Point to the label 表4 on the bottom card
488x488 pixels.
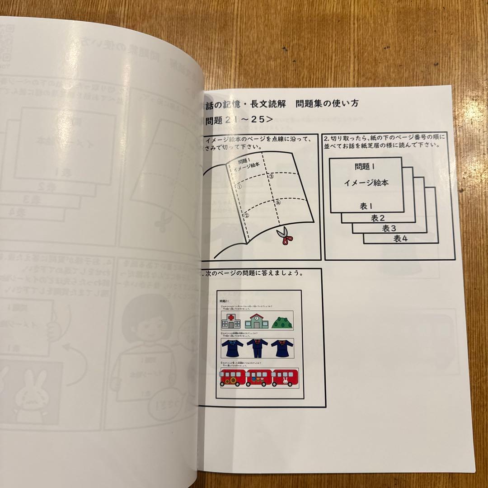click(400, 239)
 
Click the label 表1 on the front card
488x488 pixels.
click(366, 206)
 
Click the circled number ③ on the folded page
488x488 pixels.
click(272, 177)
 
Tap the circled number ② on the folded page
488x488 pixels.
click(246, 216)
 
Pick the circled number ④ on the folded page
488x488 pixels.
click(278, 203)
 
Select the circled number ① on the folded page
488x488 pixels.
click(240, 185)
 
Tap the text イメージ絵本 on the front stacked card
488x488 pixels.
click(366, 183)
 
